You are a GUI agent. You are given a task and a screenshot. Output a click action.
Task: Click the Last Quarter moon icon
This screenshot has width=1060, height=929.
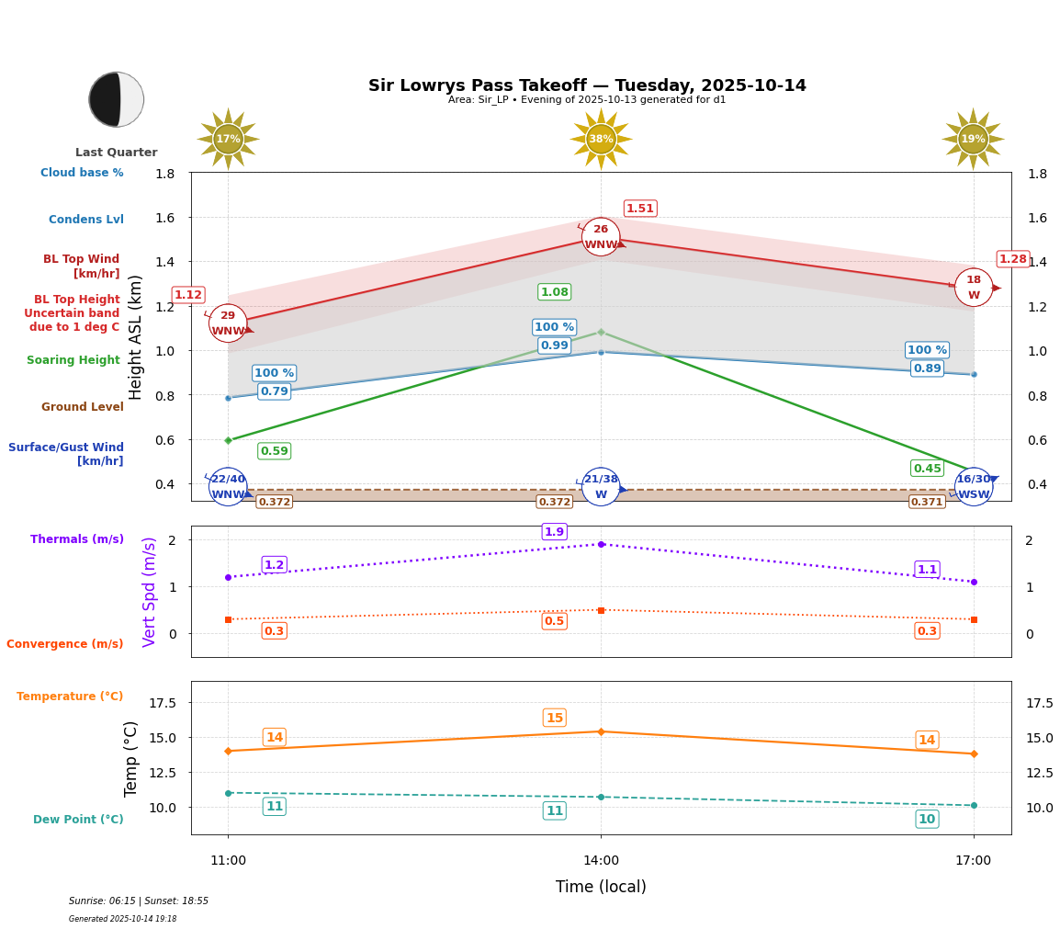click(x=117, y=99)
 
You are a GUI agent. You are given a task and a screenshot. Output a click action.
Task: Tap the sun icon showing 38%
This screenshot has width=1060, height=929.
click(x=601, y=139)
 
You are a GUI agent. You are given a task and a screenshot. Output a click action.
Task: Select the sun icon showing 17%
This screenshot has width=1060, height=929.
click(x=228, y=139)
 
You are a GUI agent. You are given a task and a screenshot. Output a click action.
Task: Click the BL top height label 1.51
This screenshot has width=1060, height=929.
click(x=640, y=209)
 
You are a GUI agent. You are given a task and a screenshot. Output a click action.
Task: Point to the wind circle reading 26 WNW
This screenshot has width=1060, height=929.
click(x=601, y=237)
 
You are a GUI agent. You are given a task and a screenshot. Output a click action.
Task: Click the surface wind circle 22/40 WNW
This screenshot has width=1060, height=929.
click(x=228, y=486)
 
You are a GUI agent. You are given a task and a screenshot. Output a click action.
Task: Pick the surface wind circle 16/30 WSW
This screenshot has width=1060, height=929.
click(x=974, y=486)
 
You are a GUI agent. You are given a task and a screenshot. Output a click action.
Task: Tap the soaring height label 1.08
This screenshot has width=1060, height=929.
click(x=554, y=292)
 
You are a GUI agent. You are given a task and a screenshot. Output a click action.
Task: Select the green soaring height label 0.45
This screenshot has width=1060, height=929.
click(x=927, y=469)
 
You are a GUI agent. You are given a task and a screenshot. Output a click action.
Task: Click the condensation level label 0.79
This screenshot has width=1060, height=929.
click(x=274, y=391)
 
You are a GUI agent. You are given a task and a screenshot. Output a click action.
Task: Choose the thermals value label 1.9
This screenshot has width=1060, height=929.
click(x=554, y=532)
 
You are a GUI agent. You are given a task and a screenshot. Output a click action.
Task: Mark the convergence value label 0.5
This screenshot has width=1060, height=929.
click(x=554, y=621)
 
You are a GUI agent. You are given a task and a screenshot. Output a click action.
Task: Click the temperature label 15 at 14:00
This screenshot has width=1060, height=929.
click(x=554, y=718)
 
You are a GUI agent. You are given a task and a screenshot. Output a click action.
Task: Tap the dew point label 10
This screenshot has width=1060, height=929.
click(x=927, y=819)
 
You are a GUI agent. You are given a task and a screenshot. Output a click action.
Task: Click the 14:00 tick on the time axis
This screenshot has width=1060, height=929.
click(x=601, y=861)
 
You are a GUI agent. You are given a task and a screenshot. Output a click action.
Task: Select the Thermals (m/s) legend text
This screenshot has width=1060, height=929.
click(x=77, y=539)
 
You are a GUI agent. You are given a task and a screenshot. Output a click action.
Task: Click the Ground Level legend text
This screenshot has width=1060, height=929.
click(x=83, y=407)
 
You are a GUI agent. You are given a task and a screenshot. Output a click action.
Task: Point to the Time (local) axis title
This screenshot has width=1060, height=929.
click(x=601, y=887)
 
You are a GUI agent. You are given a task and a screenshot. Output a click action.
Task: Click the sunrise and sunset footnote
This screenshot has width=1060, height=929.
click(x=139, y=901)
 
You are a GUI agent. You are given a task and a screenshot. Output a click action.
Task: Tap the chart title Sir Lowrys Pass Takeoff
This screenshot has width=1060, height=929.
click(x=587, y=85)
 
